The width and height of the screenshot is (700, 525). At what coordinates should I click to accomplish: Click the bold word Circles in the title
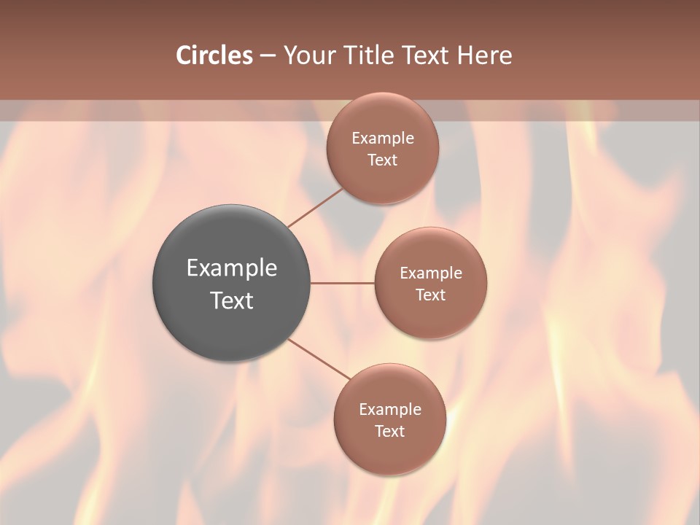tap(214, 55)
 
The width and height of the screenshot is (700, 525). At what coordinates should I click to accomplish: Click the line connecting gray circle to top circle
tap(315, 208)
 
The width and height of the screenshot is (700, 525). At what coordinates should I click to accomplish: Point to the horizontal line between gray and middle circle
tap(343, 283)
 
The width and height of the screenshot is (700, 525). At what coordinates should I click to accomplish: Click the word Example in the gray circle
tap(232, 268)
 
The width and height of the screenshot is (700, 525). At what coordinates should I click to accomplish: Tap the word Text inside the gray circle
tap(232, 300)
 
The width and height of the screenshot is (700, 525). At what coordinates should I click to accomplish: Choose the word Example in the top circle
tap(383, 139)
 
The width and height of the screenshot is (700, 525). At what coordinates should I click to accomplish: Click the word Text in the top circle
tap(382, 160)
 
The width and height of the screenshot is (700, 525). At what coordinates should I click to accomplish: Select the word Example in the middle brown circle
tap(431, 273)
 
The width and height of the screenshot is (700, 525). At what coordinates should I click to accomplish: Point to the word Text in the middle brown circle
tap(430, 295)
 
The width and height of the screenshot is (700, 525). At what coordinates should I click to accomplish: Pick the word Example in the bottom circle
tap(390, 410)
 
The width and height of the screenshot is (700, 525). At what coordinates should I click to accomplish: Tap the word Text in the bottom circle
tap(389, 432)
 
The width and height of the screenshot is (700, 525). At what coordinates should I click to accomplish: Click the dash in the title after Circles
tap(268, 56)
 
